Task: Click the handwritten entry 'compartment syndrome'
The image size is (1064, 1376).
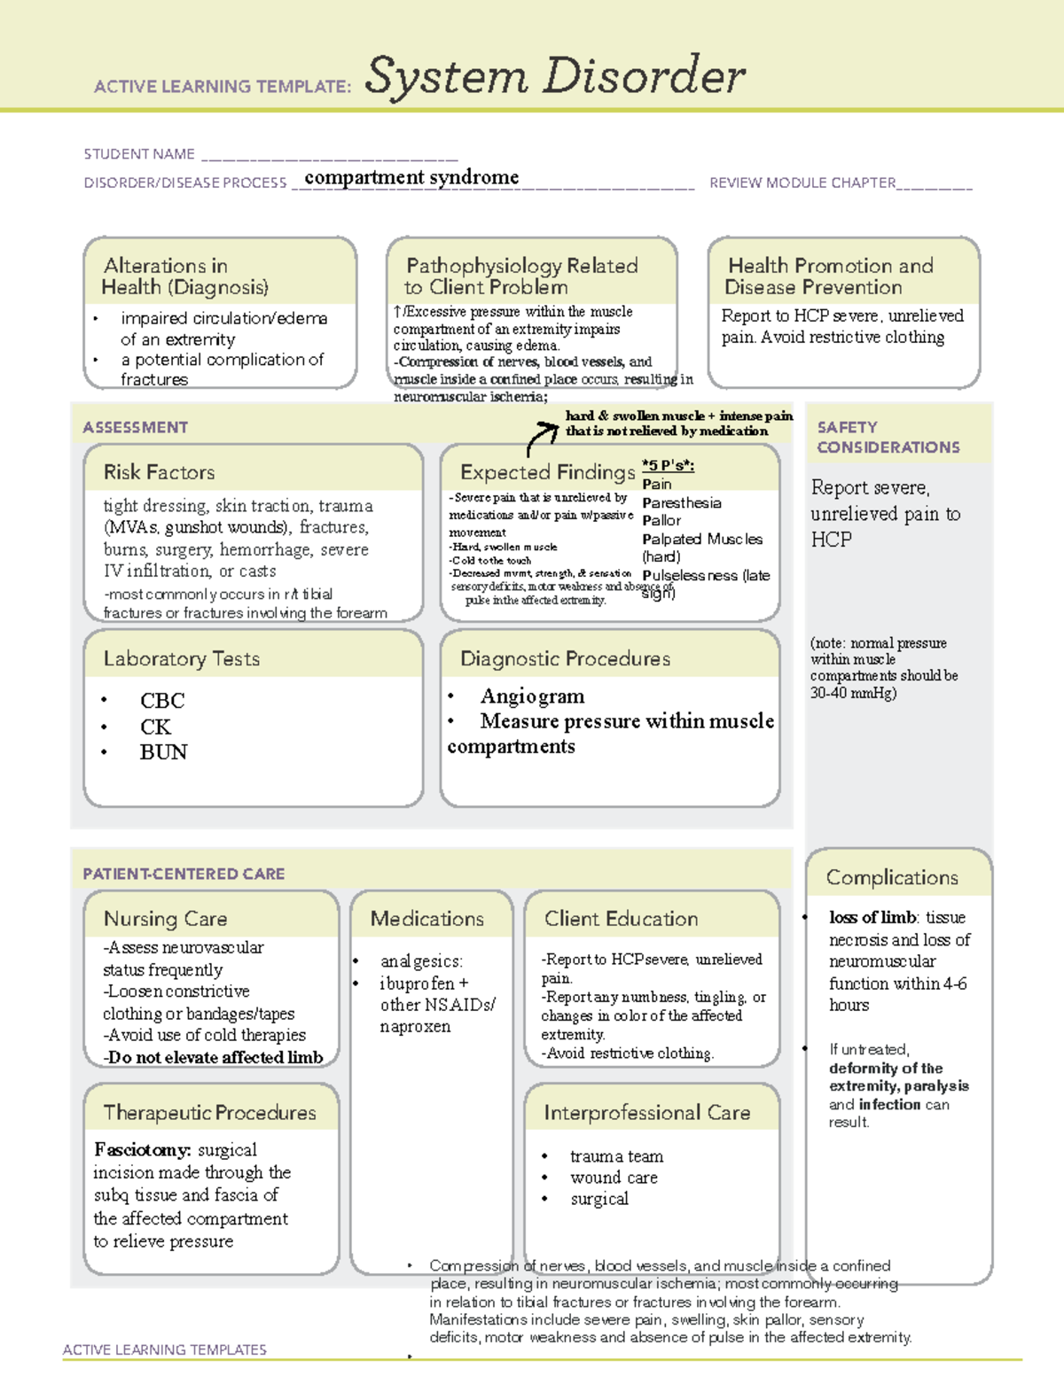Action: point(411,177)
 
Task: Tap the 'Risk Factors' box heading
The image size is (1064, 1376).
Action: point(159,472)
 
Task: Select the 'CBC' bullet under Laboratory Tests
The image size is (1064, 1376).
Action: point(162,701)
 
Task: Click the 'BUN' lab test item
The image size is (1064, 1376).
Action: point(163,752)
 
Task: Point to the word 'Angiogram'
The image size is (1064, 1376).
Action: point(532,696)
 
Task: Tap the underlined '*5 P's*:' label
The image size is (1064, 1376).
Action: point(668,465)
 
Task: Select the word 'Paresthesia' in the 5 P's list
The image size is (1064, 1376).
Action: point(681,502)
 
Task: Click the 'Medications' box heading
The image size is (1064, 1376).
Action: point(427,919)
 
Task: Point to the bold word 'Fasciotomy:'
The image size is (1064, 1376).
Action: point(143,1150)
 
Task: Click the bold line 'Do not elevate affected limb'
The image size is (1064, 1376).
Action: point(215,1057)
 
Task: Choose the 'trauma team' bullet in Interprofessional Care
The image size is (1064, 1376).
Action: point(616,1156)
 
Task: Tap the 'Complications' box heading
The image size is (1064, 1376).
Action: point(892,877)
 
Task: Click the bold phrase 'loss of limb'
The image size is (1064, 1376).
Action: point(872,917)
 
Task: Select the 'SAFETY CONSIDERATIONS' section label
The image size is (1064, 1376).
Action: point(888,437)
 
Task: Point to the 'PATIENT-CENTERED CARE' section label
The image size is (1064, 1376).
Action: point(184,874)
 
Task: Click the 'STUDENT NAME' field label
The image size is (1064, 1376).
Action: point(139,154)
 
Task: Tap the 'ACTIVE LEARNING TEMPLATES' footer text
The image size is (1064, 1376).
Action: point(165,1349)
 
